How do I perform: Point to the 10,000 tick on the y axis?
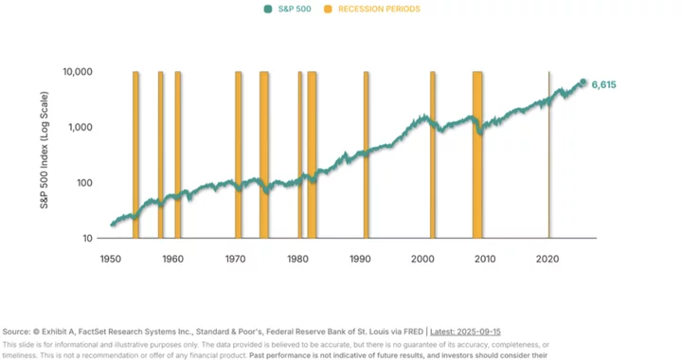pos(78,72)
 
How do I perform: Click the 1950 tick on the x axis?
pos(110,258)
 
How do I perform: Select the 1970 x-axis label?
pos(235,258)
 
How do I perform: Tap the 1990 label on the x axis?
pos(360,258)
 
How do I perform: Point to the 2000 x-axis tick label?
pos(422,258)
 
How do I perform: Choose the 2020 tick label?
pos(547,258)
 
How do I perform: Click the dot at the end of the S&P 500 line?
pos(583,82)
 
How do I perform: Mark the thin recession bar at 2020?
pos(549,152)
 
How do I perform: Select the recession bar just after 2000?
pos(433,152)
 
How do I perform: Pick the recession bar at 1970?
pos(239,152)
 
